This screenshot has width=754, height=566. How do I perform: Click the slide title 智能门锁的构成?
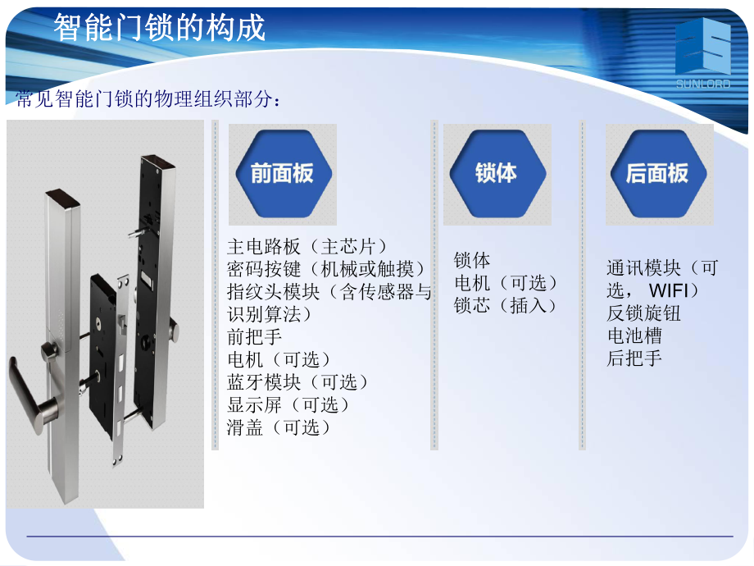161,28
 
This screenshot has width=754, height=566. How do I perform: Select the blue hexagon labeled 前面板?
282,173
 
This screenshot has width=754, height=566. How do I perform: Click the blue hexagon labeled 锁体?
496,173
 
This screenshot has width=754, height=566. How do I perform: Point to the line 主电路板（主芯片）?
307,246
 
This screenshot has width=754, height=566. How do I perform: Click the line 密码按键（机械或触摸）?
326,269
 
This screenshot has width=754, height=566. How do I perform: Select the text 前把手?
254,336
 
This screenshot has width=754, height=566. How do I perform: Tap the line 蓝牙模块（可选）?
298,382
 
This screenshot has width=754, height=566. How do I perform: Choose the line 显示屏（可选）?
288,405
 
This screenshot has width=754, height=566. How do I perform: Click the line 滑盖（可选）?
279,427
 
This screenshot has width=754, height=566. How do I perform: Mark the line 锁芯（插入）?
506,306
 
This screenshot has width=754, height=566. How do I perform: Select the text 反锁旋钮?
643,313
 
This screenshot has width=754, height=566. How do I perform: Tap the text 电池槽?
634,335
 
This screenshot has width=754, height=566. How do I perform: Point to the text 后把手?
634,358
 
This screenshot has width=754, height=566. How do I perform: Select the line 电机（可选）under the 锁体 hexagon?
506,283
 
